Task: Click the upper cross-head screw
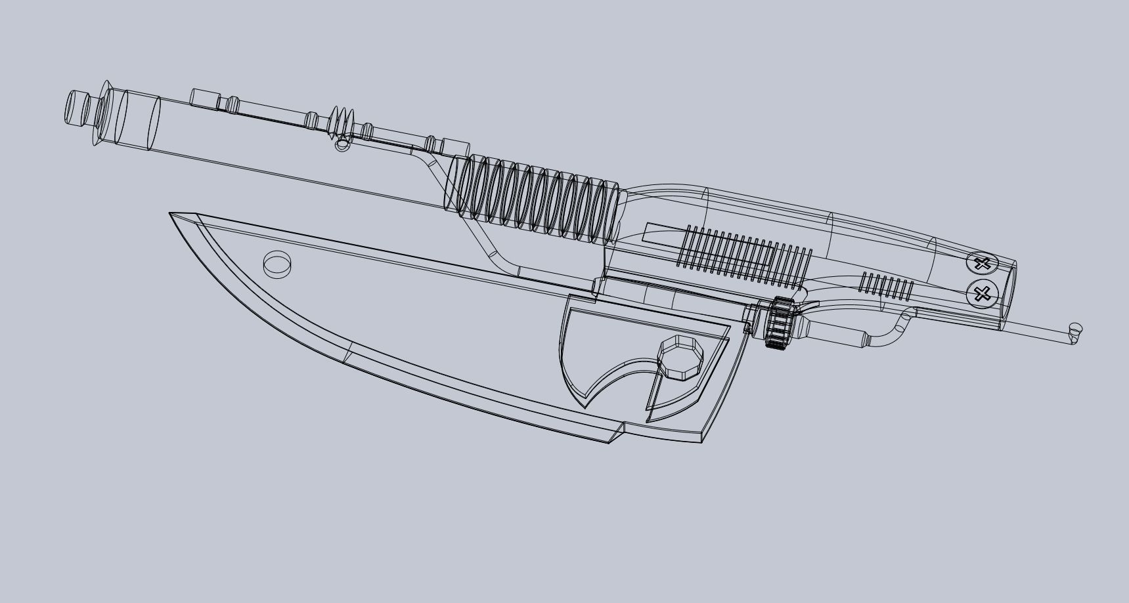coord(982,264)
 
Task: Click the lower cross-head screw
coord(982,293)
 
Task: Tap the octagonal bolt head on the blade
coord(680,357)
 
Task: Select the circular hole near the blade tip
coord(277,264)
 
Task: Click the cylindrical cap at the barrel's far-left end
coord(77,109)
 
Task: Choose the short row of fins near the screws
coord(887,285)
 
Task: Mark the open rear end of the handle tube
coord(1010,295)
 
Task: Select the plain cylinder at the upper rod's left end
coord(204,99)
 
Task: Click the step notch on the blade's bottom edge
coord(616,432)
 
